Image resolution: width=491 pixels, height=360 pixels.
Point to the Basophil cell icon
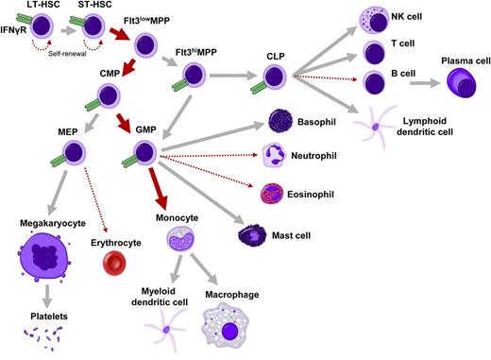point(281,120)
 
